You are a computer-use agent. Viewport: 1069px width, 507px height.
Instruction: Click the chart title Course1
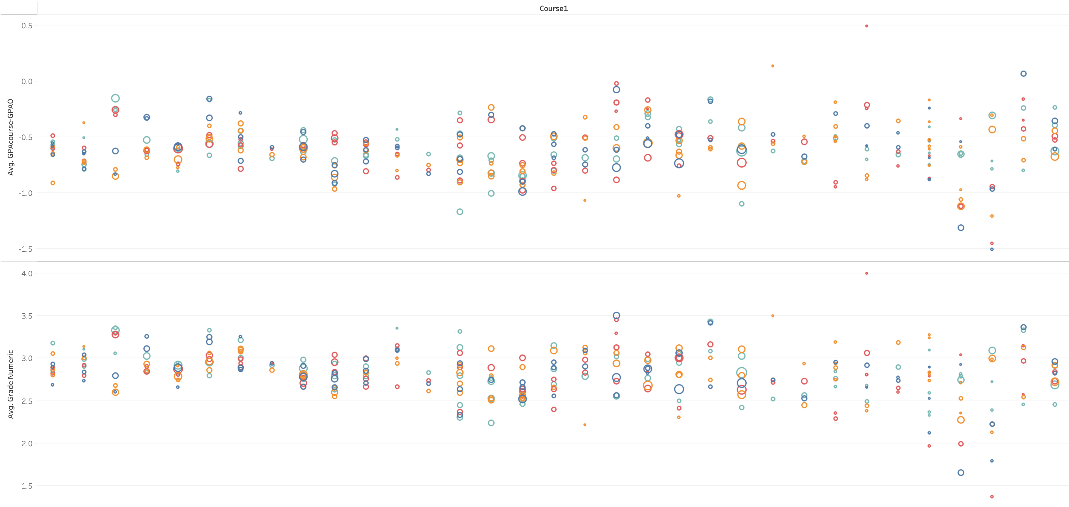[553, 8]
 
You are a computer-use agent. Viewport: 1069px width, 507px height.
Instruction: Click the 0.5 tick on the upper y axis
[27, 26]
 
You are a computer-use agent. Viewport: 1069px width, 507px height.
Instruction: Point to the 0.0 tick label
[27, 81]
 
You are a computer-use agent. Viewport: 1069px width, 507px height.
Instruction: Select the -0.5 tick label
[26, 137]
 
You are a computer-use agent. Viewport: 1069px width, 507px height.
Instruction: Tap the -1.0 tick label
[26, 193]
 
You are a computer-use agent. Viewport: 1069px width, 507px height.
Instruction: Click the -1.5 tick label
[26, 249]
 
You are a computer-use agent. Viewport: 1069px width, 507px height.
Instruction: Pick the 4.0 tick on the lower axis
[27, 273]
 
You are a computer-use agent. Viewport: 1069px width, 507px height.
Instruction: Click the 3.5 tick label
[27, 316]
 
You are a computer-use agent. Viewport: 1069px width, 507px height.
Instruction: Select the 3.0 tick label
[27, 358]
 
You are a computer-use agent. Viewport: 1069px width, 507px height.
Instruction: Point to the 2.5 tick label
[27, 401]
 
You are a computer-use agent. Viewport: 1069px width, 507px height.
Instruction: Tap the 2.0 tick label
[27, 443]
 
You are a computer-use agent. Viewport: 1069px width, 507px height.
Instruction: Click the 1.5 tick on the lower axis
[27, 486]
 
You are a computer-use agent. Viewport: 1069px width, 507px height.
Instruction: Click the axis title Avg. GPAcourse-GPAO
[11, 137]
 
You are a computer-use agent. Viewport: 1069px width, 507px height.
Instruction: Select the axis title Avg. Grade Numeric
[11, 384]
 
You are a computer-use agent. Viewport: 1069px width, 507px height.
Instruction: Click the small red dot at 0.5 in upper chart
[866, 26]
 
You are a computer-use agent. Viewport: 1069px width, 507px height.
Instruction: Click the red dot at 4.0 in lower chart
[866, 273]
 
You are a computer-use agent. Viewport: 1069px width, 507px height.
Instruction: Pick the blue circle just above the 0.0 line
[1023, 73]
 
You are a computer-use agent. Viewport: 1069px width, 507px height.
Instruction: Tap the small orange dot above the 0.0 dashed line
[773, 66]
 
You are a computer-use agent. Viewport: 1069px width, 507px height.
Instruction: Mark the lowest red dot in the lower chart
[992, 497]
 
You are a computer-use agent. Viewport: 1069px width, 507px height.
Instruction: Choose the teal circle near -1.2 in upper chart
[460, 211]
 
